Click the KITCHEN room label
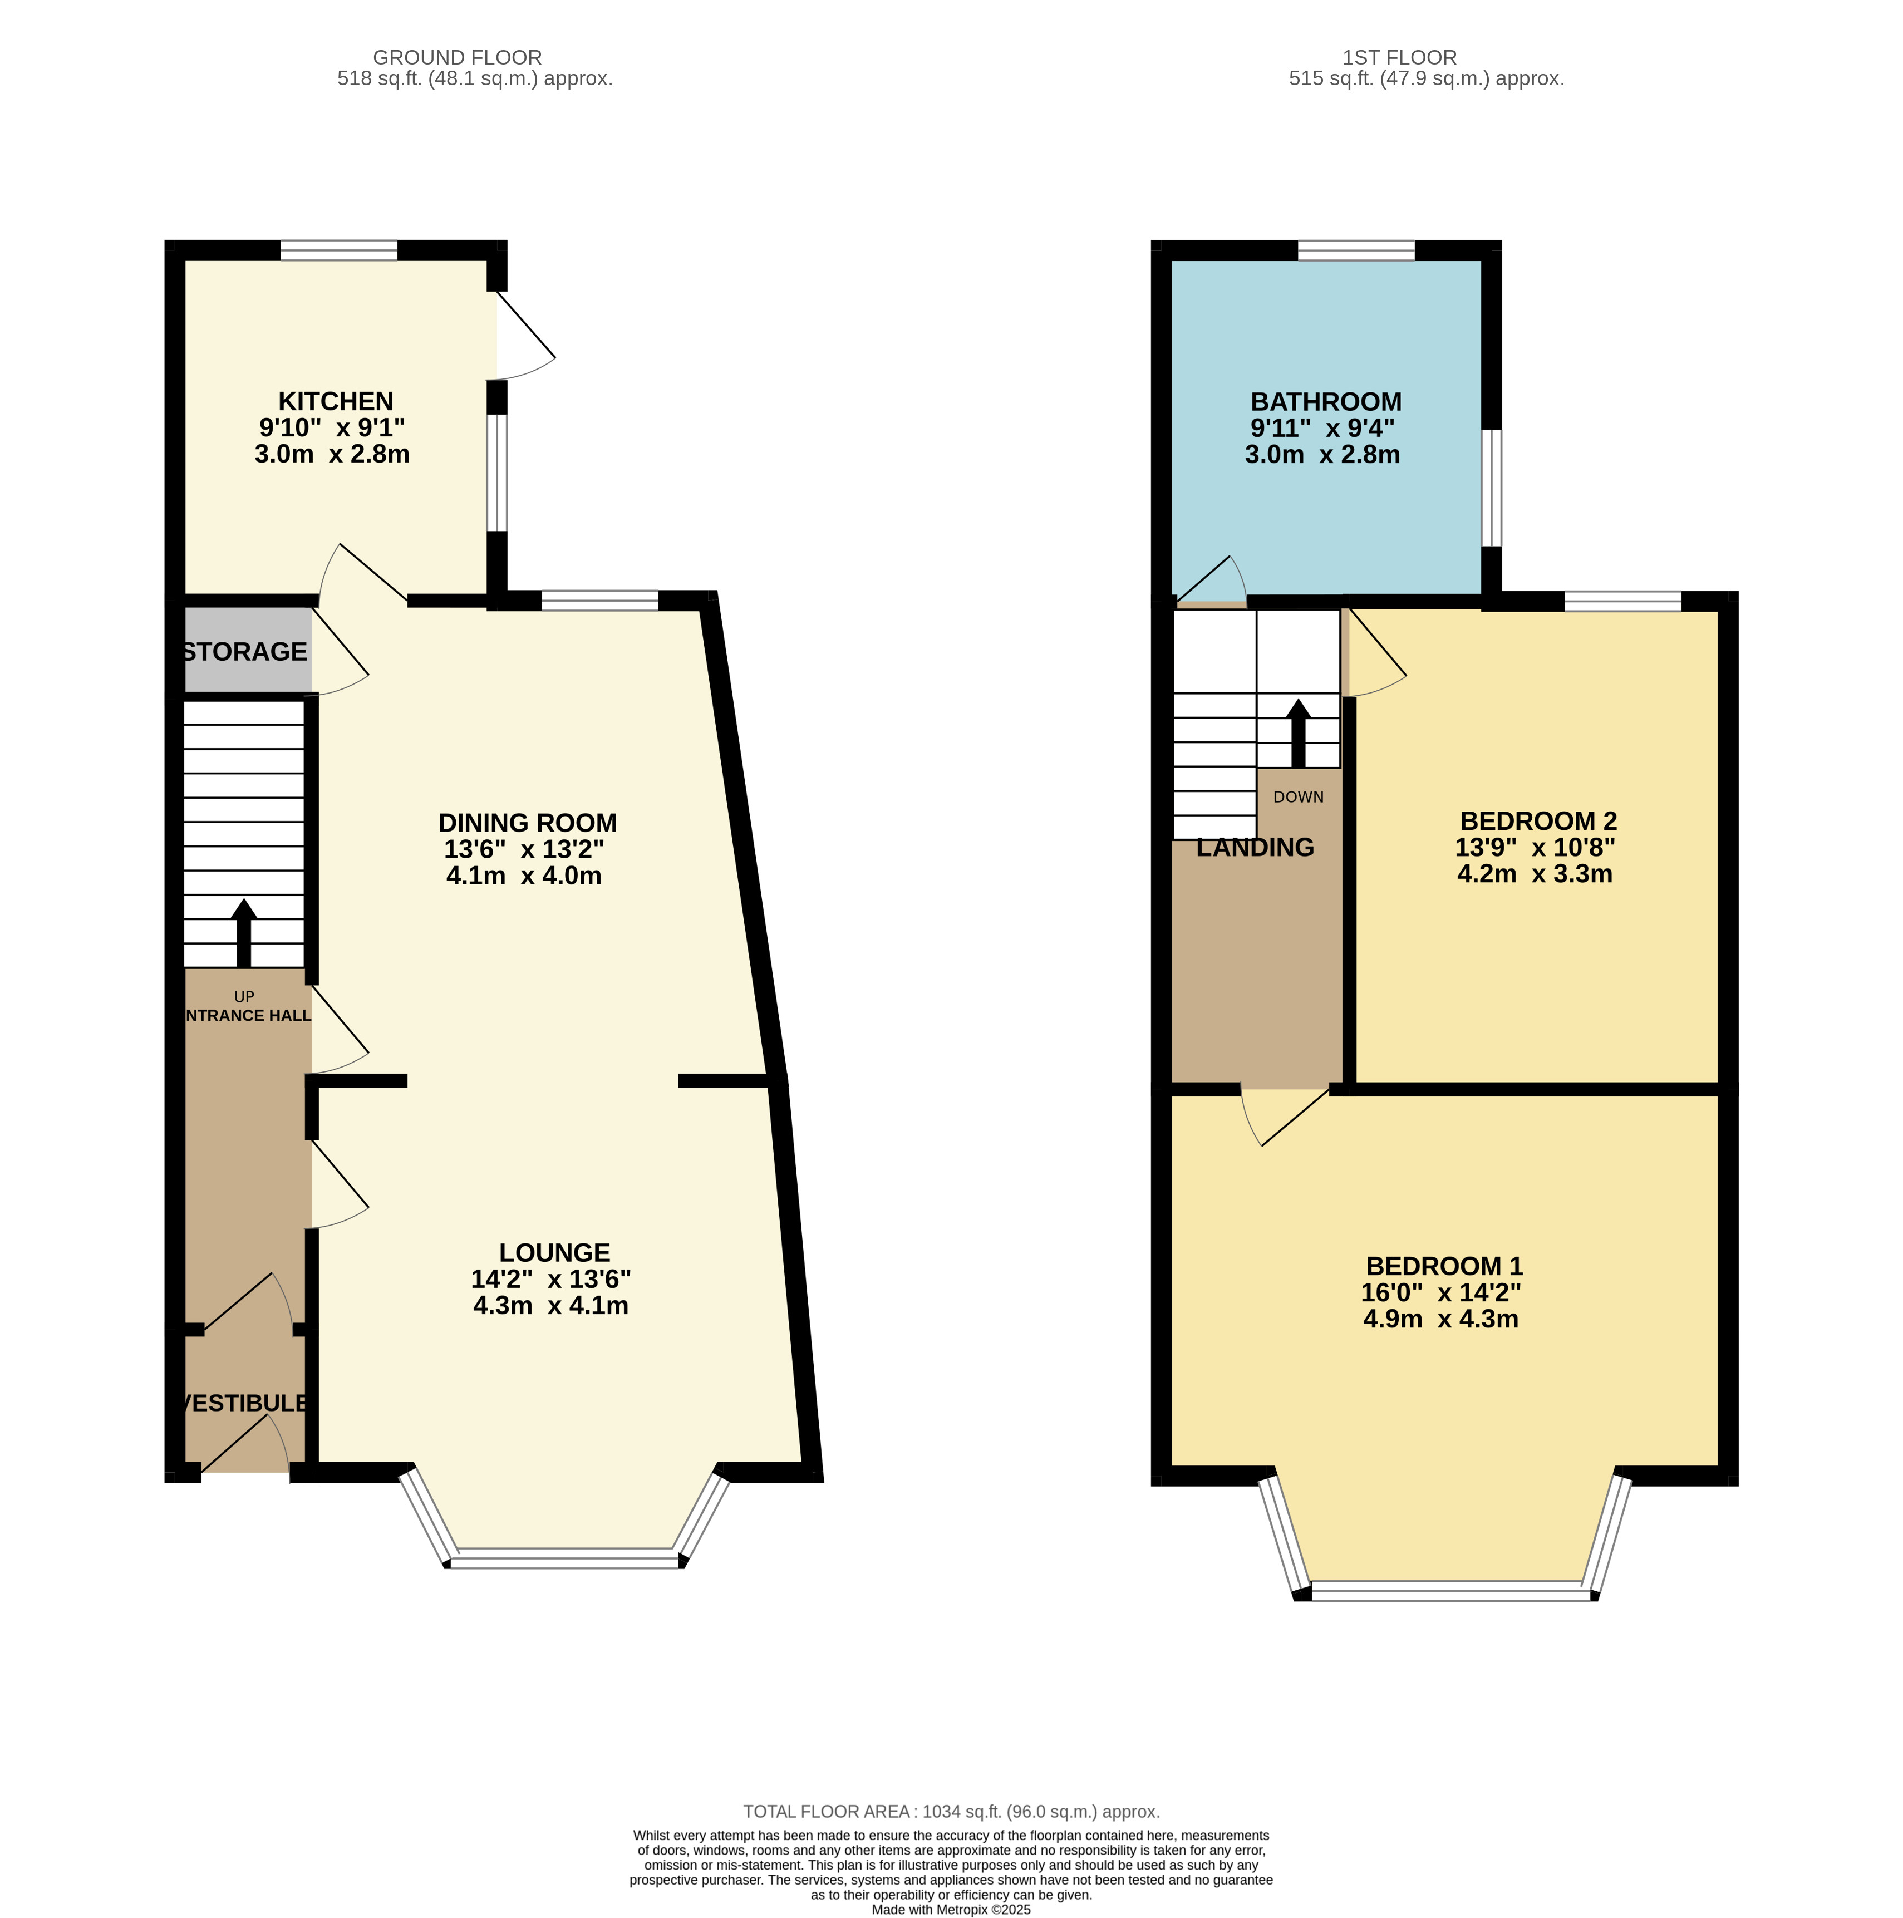pyautogui.click(x=336, y=401)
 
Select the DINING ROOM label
pyautogui.click(x=527, y=823)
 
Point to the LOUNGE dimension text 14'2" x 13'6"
pyautogui.click(x=551, y=1278)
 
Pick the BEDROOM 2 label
pyautogui.click(x=1538, y=821)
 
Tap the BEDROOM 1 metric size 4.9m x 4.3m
pyautogui.click(x=1440, y=1319)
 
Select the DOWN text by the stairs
pyautogui.click(x=1299, y=797)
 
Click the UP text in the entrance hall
pyautogui.click(x=244, y=997)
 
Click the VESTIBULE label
pyautogui.click(x=244, y=1403)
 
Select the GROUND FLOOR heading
pyautogui.click(x=458, y=57)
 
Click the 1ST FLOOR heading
pyautogui.click(x=1400, y=57)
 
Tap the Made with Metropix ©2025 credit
pyautogui.click(x=951, y=1910)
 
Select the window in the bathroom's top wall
pyautogui.click(x=1356, y=250)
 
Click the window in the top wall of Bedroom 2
pyautogui.click(x=1623, y=601)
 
